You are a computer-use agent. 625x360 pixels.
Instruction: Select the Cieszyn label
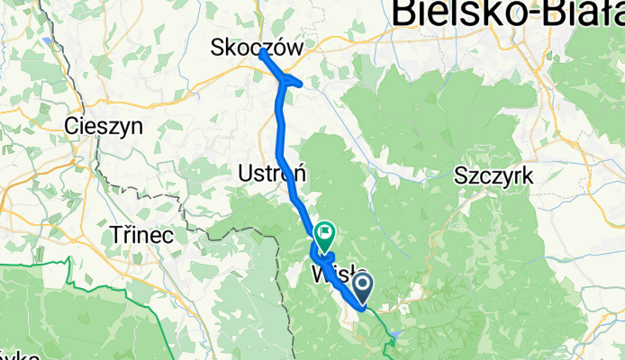104,128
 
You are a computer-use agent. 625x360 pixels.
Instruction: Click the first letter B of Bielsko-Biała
405,13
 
